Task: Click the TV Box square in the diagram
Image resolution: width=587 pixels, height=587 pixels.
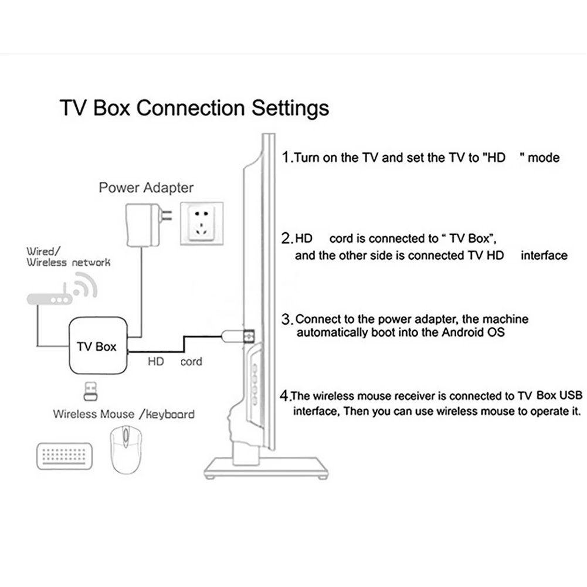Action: [x=97, y=346]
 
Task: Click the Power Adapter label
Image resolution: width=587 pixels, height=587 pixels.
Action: [x=146, y=188]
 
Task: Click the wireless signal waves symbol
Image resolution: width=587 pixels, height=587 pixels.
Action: [x=86, y=287]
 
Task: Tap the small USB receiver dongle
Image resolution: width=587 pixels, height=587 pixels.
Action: [x=91, y=390]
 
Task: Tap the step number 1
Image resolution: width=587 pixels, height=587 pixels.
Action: [x=286, y=157]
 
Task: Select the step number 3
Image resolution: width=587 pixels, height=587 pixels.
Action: [x=287, y=320]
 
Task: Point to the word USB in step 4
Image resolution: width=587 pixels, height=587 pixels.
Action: [x=571, y=395]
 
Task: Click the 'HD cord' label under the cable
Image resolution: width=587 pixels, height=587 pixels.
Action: [x=174, y=362]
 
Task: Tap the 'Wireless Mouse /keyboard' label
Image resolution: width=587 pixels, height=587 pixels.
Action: [x=124, y=414]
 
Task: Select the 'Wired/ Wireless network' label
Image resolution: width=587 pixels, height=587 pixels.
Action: [x=68, y=257]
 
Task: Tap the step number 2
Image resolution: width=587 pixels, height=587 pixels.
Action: [x=287, y=239]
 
